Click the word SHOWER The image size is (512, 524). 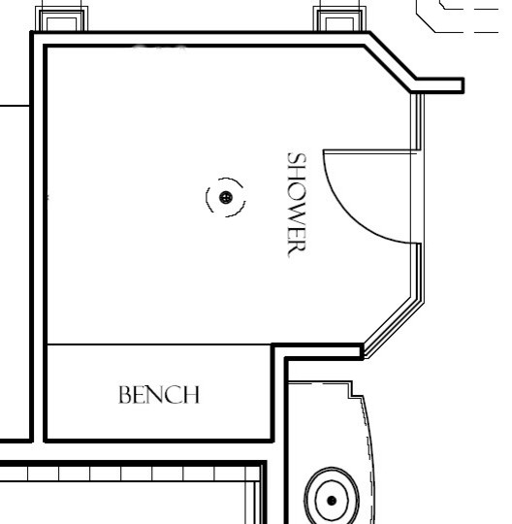click(x=297, y=203)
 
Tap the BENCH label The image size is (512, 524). click(x=159, y=395)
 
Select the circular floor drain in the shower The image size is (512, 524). click(x=226, y=197)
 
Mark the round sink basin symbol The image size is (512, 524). click(x=332, y=501)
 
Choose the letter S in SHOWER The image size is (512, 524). click(x=297, y=157)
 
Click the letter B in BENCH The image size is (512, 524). click(x=124, y=396)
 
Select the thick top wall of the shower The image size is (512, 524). click(x=194, y=38)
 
